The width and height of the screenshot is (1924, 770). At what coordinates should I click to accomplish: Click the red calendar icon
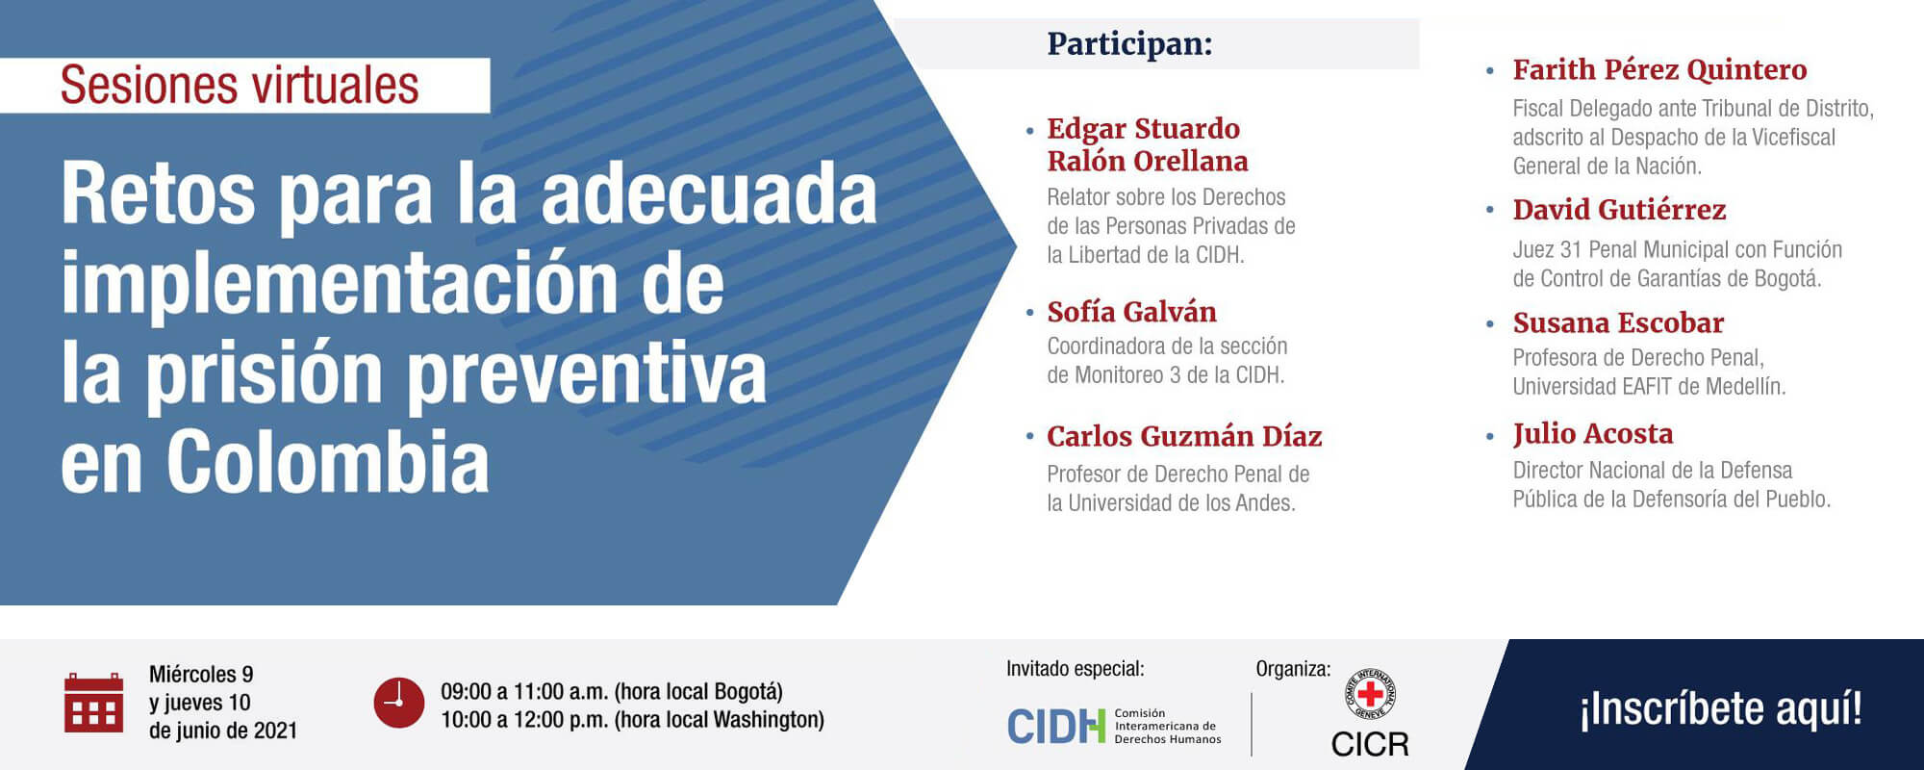[x=93, y=703]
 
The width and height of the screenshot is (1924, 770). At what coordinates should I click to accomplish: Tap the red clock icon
[x=398, y=703]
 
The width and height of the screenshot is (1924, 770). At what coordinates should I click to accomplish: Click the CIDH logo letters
[x=1055, y=727]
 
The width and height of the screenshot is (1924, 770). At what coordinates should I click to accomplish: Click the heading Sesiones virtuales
[x=240, y=86]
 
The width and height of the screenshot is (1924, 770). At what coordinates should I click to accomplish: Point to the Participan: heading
[x=1129, y=44]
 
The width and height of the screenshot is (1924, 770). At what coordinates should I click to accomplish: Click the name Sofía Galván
[x=1131, y=312]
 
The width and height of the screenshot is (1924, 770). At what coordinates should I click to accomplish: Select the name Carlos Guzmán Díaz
[x=1184, y=437]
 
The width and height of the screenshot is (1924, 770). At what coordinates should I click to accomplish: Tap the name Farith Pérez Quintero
[x=1659, y=70]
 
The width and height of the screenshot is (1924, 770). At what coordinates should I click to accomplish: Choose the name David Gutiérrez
[x=1619, y=210]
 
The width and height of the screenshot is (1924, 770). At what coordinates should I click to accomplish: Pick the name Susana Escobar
[x=1618, y=323]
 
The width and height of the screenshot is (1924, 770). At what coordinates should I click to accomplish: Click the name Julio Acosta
[x=1593, y=434]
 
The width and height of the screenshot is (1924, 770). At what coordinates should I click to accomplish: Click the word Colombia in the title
[x=328, y=463]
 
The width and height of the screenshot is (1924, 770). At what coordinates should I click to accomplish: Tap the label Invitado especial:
[x=1075, y=669]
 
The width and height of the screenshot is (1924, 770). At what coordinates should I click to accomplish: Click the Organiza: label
[x=1293, y=669]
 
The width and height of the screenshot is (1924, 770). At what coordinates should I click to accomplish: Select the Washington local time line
[x=632, y=720]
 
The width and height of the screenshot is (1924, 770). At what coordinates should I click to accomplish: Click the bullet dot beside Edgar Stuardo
[x=1030, y=130]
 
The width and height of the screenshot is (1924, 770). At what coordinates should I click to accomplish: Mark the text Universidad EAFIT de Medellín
[x=1649, y=387]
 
